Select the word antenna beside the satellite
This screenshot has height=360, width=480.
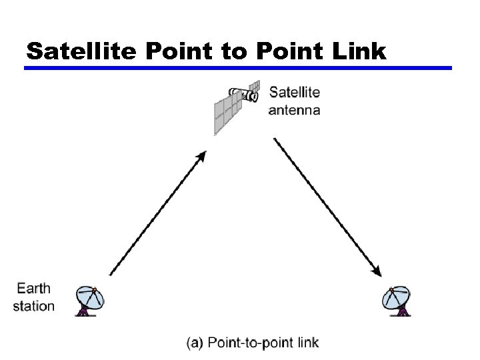[x=294, y=110]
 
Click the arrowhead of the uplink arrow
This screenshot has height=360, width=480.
[x=201, y=156]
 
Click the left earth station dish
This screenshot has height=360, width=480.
[x=91, y=300]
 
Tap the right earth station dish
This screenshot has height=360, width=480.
[x=398, y=300]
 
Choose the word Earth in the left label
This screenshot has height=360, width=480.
[x=33, y=289]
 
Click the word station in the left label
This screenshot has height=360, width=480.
[x=33, y=306]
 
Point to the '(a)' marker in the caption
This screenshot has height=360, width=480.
[x=195, y=343]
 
